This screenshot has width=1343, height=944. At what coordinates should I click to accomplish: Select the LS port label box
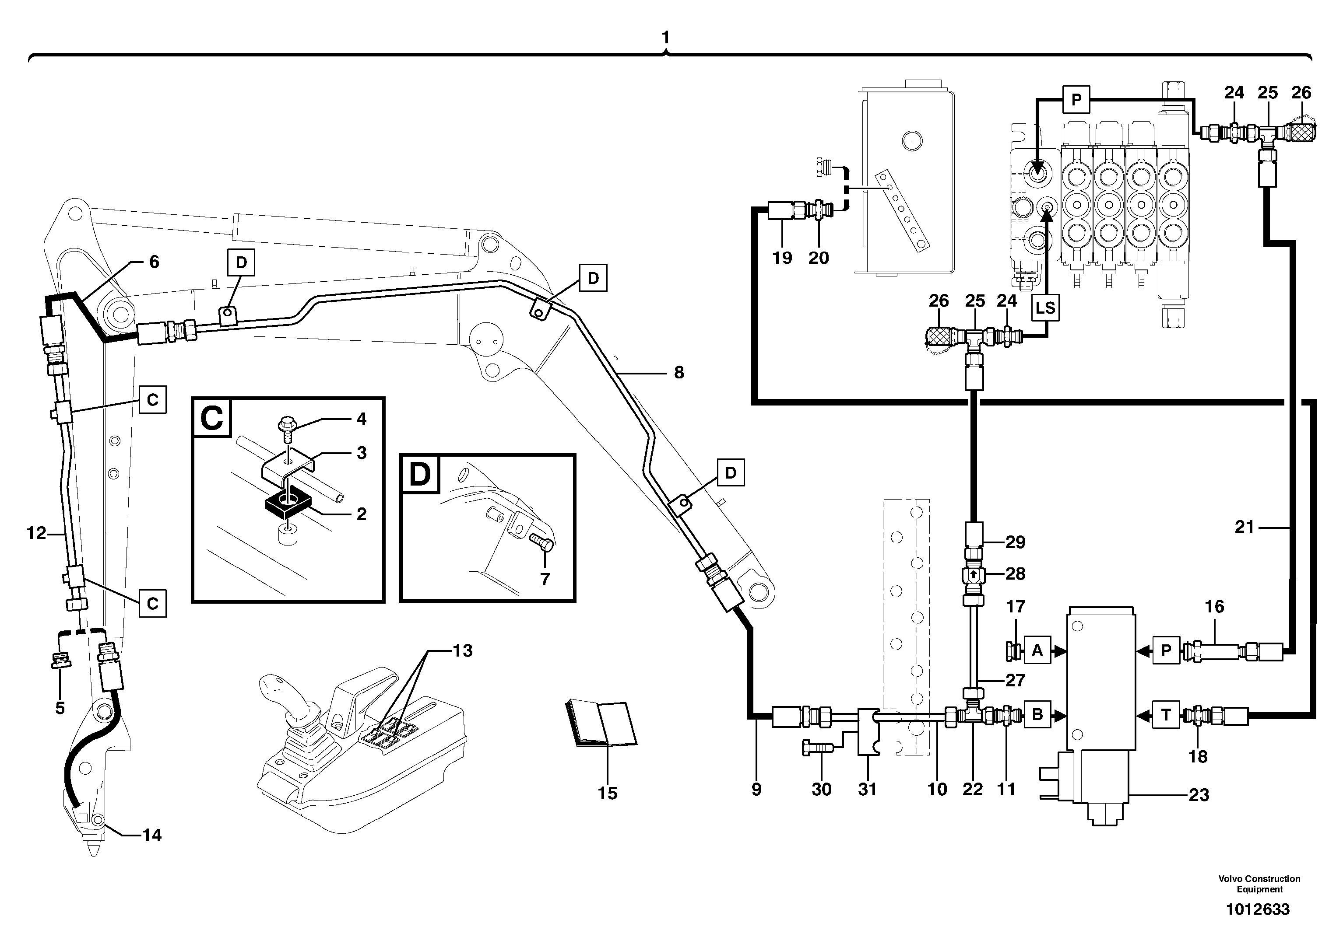1045,308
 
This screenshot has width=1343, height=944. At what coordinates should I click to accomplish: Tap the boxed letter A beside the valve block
1037,650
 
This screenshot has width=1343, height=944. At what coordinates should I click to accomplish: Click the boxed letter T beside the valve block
1166,715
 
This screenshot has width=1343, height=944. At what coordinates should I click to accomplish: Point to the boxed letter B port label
1037,715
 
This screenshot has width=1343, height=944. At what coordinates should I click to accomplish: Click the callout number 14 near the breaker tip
151,835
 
